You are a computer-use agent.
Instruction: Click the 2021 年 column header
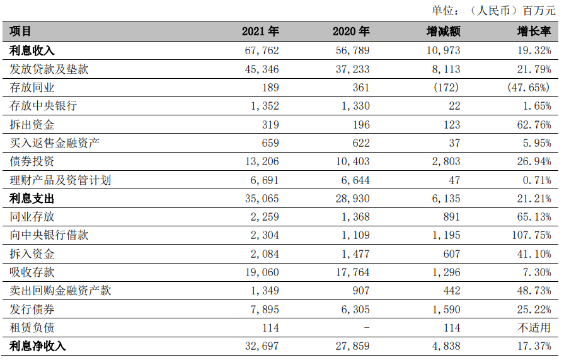[x=260, y=31]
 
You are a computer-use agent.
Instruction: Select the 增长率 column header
[x=534, y=31]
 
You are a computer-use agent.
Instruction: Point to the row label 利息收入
[x=32, y=50]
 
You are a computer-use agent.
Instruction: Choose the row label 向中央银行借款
[x=49, y=235]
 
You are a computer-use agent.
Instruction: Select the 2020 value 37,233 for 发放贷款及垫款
[x=352, y=69]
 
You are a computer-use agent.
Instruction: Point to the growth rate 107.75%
[x=530, y=235]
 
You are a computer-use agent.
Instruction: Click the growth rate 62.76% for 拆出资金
[x=533, y=125]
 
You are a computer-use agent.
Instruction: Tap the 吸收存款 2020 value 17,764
[x=352, y=272]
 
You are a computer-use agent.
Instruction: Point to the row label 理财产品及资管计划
[x=60, y=180]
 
